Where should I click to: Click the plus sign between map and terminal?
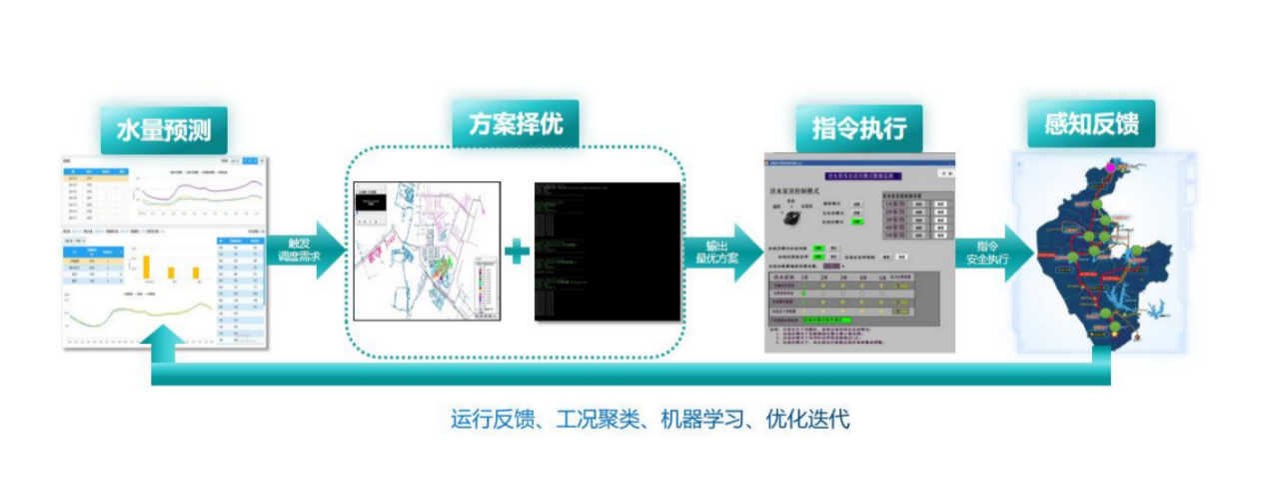click(517, 251)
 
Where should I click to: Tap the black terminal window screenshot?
click(607, 251)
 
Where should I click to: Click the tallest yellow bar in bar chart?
click(146, 265)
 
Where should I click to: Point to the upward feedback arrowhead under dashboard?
click(165, 343)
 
